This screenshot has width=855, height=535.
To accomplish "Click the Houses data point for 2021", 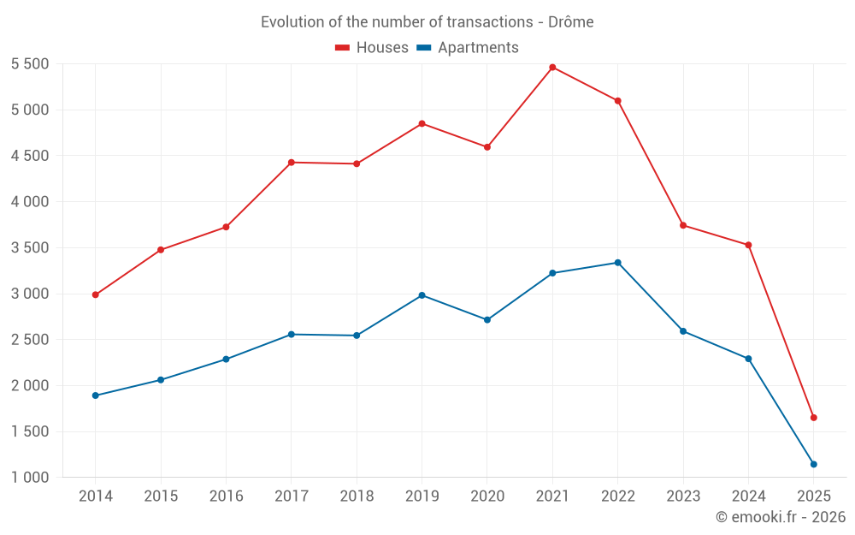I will (552, 67).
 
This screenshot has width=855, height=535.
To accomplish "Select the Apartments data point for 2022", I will (617, 263).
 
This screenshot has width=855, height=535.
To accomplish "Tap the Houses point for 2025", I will (813, 418).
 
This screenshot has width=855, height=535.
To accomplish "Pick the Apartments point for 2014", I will (96, 395).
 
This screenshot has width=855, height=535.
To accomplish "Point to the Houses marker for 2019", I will (422, 123).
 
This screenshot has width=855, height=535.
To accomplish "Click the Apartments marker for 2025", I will (813, 464).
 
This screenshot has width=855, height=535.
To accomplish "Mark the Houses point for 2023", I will (683, 225).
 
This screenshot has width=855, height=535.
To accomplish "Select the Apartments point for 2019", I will (422, 295).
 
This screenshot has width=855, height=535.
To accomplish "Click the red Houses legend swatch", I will (343, 48).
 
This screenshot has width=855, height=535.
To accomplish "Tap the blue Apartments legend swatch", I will (423, 48).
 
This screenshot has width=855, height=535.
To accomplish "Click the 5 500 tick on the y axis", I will (30, 64).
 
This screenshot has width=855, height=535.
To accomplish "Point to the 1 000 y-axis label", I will (30, 478).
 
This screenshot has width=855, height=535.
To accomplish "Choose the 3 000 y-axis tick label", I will (30, 294).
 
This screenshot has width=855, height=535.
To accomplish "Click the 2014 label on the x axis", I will (96, 496).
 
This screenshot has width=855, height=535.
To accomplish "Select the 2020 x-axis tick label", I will (487, 496).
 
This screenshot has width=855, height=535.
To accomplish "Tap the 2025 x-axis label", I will (813, 496).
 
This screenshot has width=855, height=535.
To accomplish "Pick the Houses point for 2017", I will (292, 162).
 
